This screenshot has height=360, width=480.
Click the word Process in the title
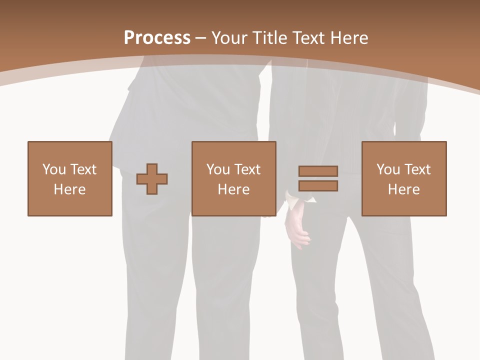coord(157,38)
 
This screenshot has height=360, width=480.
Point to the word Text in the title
coord(308,38)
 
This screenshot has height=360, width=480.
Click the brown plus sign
coord(152,179)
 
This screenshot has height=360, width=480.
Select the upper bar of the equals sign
coord(318,171)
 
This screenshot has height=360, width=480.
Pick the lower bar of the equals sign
coord(318,185)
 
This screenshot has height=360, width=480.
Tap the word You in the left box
coord(54,169)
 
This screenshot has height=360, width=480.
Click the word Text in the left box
coord(83,169)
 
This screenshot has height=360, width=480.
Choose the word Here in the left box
coord(69,189)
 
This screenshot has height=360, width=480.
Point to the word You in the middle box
coord(218,169)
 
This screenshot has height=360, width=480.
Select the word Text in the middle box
coord(247,169)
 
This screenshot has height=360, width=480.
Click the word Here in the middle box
coord(233,189)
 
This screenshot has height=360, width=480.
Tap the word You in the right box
coord(388,169)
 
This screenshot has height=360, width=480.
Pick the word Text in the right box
coord(417,169)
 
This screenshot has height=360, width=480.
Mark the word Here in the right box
coord(403,189)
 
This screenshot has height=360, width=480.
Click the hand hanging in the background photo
coord(297,227)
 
